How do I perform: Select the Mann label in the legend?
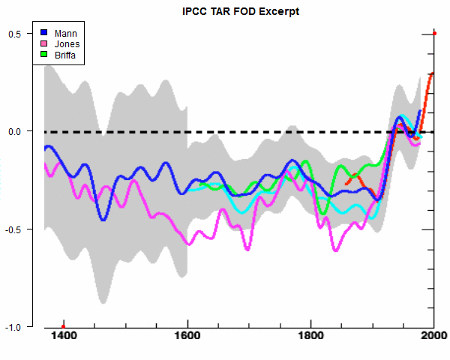click(x=65, y=33)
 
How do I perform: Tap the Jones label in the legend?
click(x=67, y=43)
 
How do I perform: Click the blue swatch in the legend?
click(x=44, y=33)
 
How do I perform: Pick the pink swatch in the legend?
click(x=44, y=43)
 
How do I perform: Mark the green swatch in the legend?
click(x=44, y=54)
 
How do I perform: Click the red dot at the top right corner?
click(x=435, y=33)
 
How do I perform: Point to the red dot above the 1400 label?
click(x=64, y=326)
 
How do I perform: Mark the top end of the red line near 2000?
click(x=433, y=73)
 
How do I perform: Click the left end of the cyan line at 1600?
click(x=188, y=189)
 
